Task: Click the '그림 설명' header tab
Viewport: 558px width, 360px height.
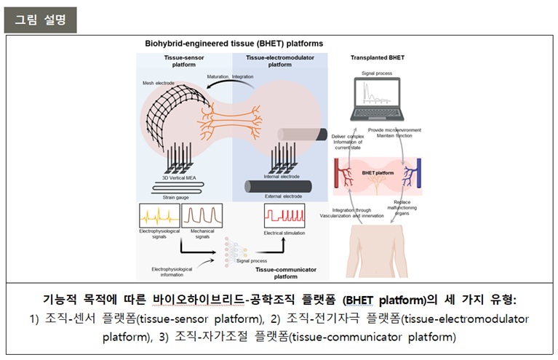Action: [40, 20]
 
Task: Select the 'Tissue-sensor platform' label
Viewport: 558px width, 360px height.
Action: [184, 60]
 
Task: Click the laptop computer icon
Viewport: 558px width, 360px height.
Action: [378, 97]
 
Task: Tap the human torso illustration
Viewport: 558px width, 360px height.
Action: [379, 251]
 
